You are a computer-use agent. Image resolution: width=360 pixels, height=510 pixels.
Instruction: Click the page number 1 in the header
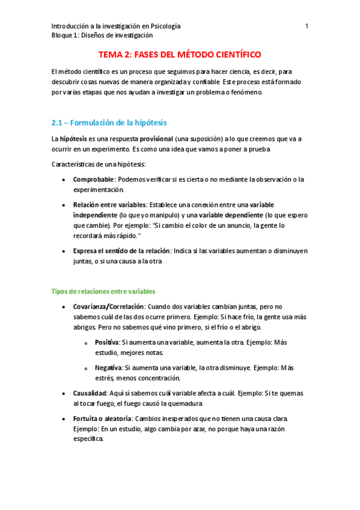point(307,26)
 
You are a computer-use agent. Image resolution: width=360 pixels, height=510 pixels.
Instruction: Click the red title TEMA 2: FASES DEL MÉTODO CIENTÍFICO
point(180,54)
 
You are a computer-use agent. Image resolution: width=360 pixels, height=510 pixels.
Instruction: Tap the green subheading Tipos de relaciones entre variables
point(103,291)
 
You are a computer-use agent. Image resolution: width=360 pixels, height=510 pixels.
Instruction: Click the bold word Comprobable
point(93,179)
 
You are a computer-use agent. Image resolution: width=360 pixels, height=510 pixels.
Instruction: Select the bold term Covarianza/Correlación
point(108,307)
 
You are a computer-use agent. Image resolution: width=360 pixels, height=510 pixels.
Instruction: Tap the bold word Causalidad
point(90,393)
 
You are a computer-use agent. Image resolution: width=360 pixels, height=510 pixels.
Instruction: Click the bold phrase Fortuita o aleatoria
point(103,418)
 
